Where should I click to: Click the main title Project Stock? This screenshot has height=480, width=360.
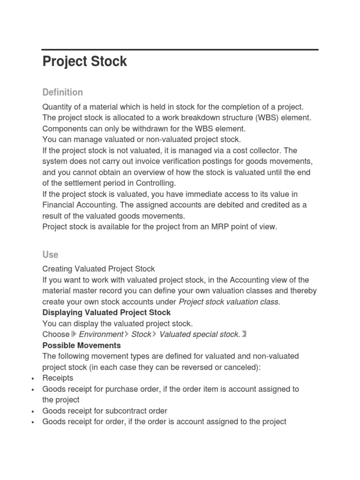pyautogui.click(x=85, y=61)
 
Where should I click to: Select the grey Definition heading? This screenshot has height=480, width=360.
pyautogui.click(x=62, y=92)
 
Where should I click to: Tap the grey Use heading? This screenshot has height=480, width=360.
pyautogui.click(x=50, y=255)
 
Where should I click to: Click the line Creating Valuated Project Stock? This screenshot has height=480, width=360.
pyautogui.click(x=98, y=269)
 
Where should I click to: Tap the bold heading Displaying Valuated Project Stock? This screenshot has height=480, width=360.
pyautogui.click(x=106, y=312)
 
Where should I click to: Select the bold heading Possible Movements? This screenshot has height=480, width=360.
pyautogui.click(x=82, y=345)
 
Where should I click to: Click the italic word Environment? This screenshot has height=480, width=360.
pyautogui.click(x=101, y=334)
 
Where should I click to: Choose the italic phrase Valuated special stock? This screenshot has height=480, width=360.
pyautogui.click(x=200, y=334)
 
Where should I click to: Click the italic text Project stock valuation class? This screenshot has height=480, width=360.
pyautogui.click(x=230, y=302)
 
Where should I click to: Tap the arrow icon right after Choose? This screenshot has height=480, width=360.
pyautogui.click(x=74, y=334)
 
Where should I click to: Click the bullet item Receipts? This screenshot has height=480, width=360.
pyautogui.click(x=58, y=378)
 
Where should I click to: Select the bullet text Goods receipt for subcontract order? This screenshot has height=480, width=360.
pyautogui.click(x=105, y=411)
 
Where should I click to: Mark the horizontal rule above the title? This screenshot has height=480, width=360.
pyautogui.click(x=180, y=49)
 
